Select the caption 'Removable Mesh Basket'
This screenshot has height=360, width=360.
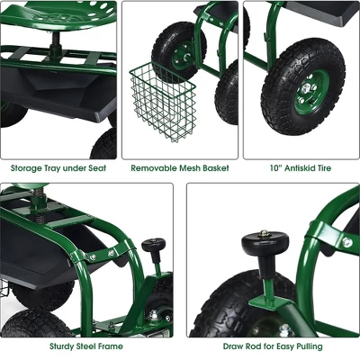(x=179, y=167)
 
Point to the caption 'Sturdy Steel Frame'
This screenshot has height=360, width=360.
(x=87, y=346)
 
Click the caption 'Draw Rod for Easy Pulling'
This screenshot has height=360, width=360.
(x=273, y=346)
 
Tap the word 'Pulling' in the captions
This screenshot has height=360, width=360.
(x=305, y=346)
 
